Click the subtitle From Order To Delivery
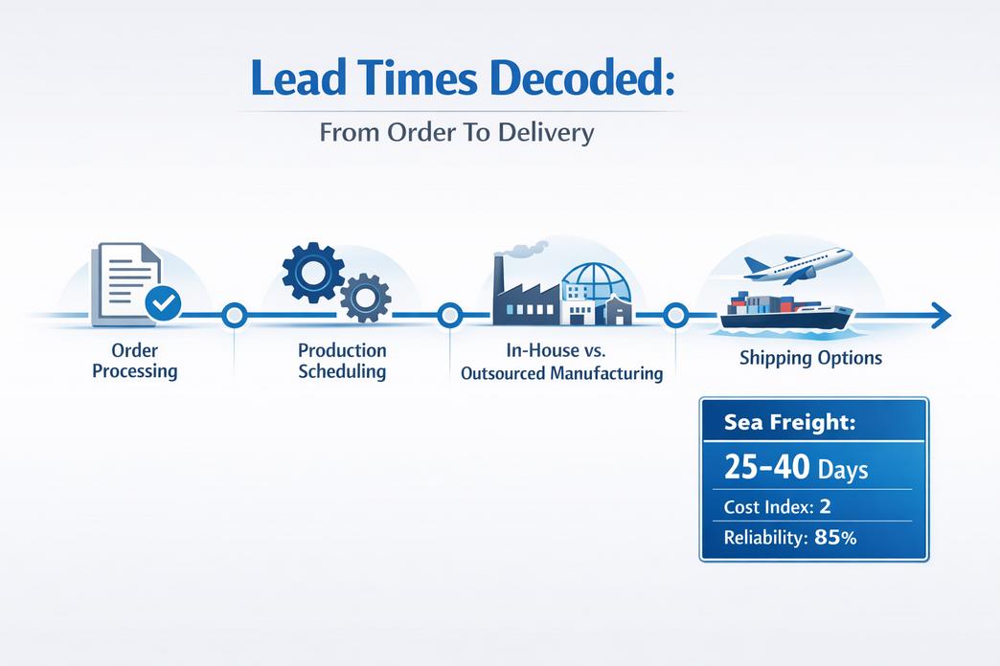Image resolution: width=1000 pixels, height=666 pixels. pyautogui.click(x=457, y=133)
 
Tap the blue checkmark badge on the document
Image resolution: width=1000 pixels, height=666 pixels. pyautogui.click(x=163, y=302)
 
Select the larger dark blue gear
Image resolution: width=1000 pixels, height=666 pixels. pyautogui.click(x=312, y=272)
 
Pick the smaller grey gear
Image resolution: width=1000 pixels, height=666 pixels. pyautogui.click(x=366, y=298)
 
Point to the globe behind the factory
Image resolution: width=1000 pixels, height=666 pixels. pyautogui.click(x=597, y=282)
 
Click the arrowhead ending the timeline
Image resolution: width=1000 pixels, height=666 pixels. pyautogui.click(x=941, y=315)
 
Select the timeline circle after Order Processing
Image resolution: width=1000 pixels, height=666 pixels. pyautogui.click(x=235, y=315)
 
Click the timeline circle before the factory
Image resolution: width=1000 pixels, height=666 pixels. pyautogui.click(x=450, y=315)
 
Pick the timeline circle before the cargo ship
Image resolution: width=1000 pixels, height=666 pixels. pyautogui.click(x=675, y=315)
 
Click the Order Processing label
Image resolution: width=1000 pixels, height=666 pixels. pyautogui.click(x=134, y=361)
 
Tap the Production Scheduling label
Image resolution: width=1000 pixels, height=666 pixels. pyautogui.click(x=342, y=361)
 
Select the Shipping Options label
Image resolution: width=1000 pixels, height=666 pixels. pyautogui.click(x=810, y=358)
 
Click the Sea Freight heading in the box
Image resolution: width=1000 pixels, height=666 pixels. pyautogui.click(x=789, y=421)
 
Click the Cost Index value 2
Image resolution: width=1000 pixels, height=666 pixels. pyautogui.click(x=826, y=506)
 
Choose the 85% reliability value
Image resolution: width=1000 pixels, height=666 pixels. pyautogui.click(x=835, y=537)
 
